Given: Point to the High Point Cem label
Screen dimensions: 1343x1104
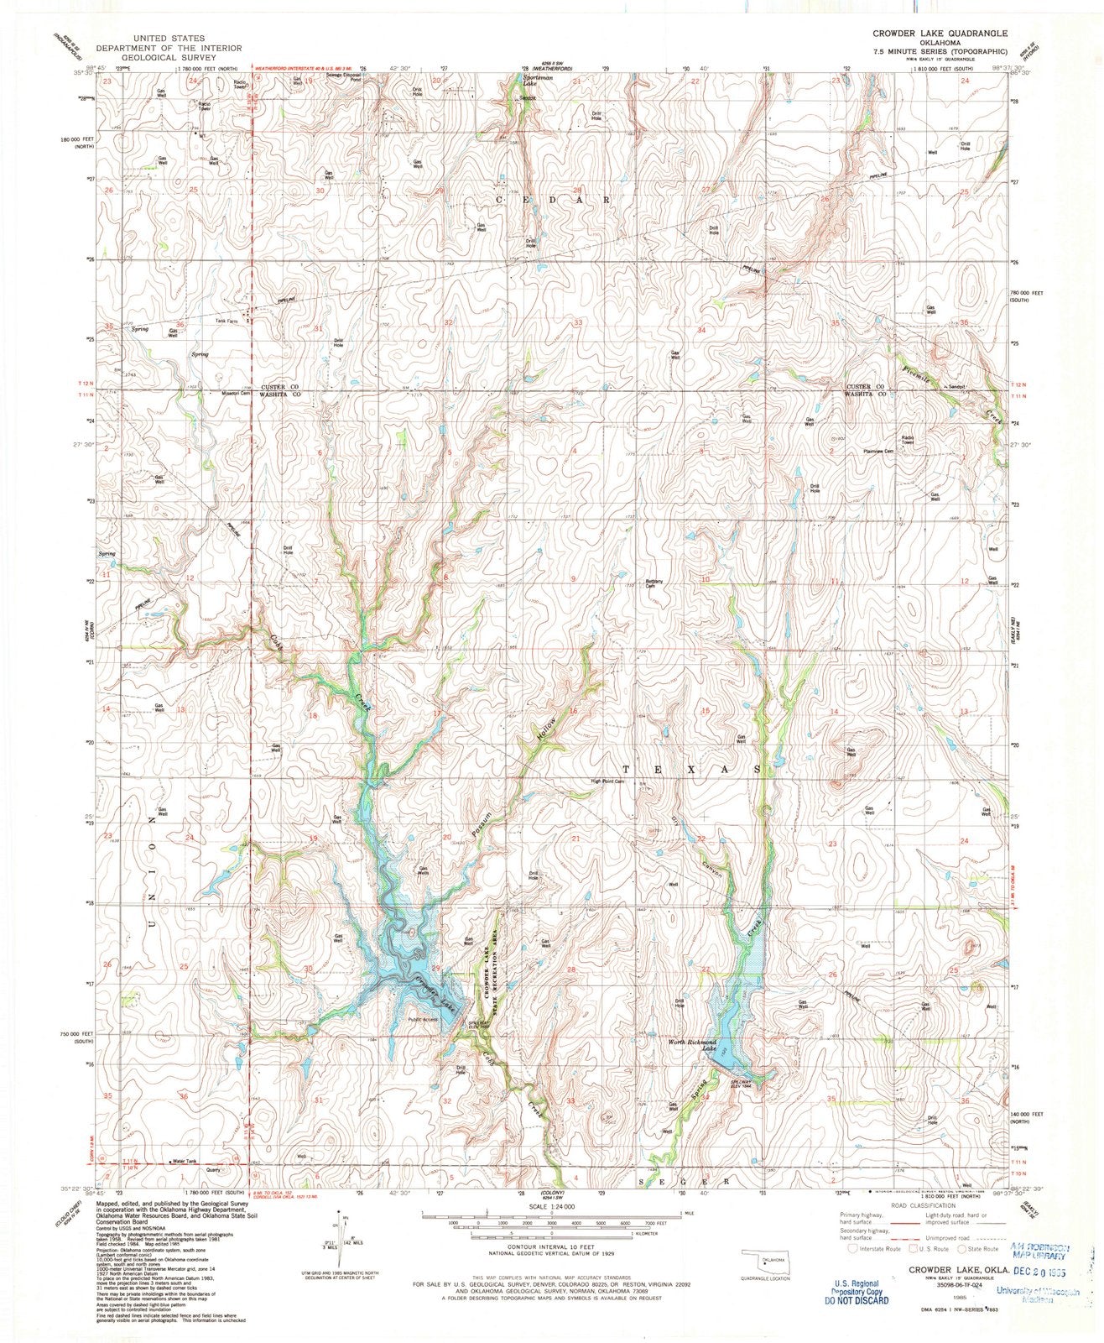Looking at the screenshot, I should (x=608, y=781).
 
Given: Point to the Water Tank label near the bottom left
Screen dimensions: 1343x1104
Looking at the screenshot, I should (x=185, y=1162).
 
